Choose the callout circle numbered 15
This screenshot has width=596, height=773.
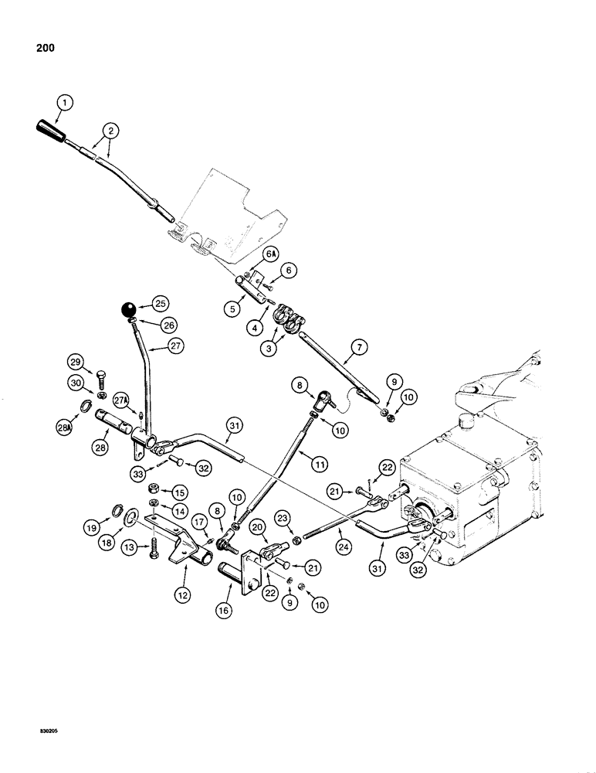180,492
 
